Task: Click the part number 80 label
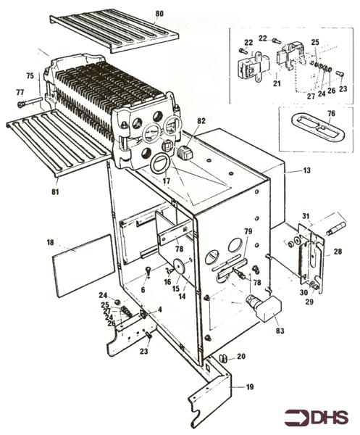click(159, 14)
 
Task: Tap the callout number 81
click(55, 191)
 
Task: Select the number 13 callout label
click(307, 170)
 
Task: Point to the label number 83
click(280, 331)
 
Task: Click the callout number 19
click(250, 386)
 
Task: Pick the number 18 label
click(50, 242)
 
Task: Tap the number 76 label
click(331, 114)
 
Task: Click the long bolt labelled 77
click(30, 101)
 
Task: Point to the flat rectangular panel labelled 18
click(83, 265)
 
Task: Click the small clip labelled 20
click(224, 359)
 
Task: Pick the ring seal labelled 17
click(159, 164)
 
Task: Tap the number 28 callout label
click(338, 252)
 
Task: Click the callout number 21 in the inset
click(277, 83)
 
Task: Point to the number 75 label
click(30, 75)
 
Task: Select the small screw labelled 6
click(149, 271)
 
